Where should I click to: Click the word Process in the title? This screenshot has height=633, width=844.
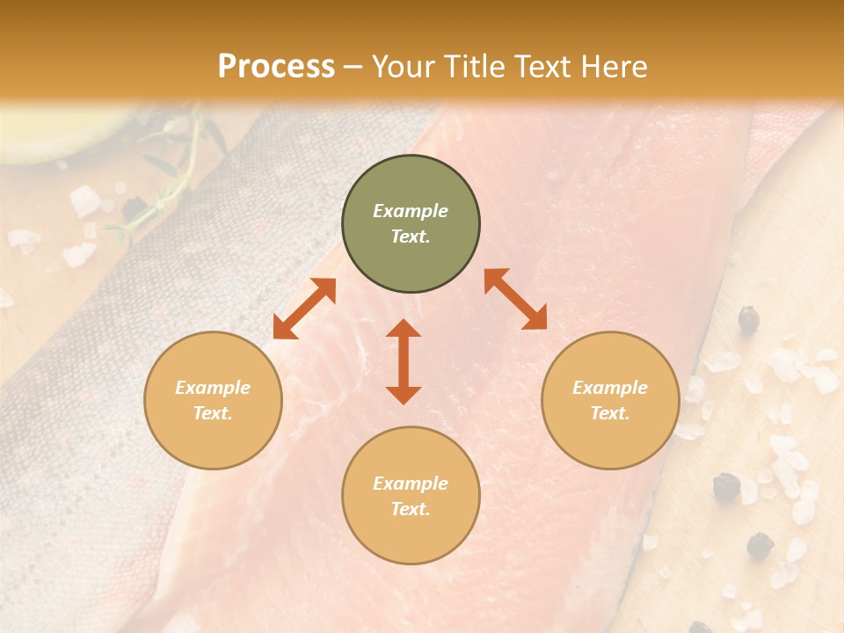tap(276, 66)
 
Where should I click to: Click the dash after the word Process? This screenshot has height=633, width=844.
tap(353, 67)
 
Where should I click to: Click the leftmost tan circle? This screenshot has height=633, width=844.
tap(213, 400)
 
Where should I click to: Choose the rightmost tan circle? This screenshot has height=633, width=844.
tap(610, 400)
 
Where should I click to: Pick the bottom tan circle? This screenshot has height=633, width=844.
tap(411, 496)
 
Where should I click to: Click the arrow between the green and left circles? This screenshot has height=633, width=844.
tap(304, 309)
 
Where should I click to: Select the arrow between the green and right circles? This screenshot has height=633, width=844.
tap(515, 299)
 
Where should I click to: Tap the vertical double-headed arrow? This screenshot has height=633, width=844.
tap(404, 361)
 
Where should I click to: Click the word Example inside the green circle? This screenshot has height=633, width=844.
tap(411, 211)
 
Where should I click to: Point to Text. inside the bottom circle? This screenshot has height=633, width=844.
tap(411, 509)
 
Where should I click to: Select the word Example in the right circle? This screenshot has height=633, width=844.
tap(610, 388)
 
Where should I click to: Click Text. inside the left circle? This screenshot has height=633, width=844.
tap(213, 413)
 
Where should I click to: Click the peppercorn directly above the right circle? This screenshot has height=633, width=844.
tap(748, 318)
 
